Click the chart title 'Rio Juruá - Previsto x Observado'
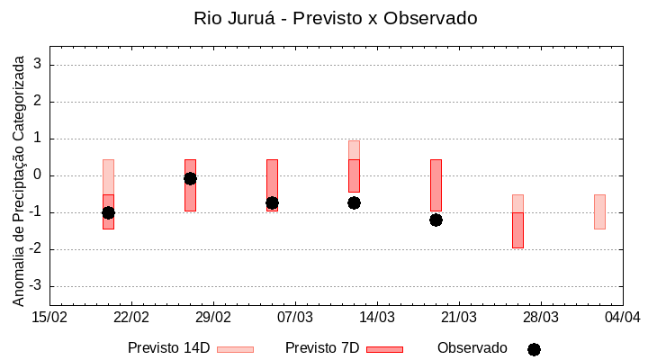point(335,18)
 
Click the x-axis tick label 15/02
point(49,318)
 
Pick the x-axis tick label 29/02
point(213,318)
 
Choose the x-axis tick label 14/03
point(377,318)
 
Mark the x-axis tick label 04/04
point(622,318)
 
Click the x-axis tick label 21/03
point(459,318)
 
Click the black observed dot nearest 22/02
point(108,212)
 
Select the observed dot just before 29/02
point(190,178)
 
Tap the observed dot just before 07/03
point(272,202)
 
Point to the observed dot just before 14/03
point(354,202)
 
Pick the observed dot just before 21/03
point(436,220)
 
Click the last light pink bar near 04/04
point(599,211)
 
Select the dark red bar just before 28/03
point(517,230)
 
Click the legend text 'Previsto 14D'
point(168,348)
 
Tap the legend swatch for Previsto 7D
point(384,349)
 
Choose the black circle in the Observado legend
point(534,349)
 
